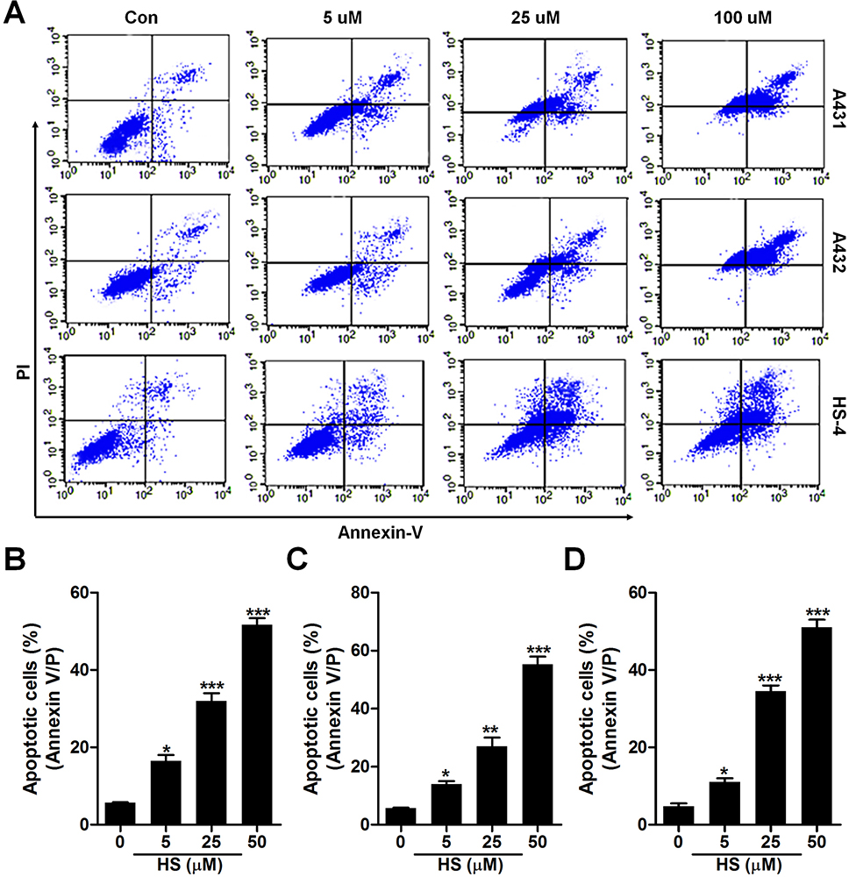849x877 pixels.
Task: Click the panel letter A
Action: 15,14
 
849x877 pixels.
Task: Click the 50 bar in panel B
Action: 257,724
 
